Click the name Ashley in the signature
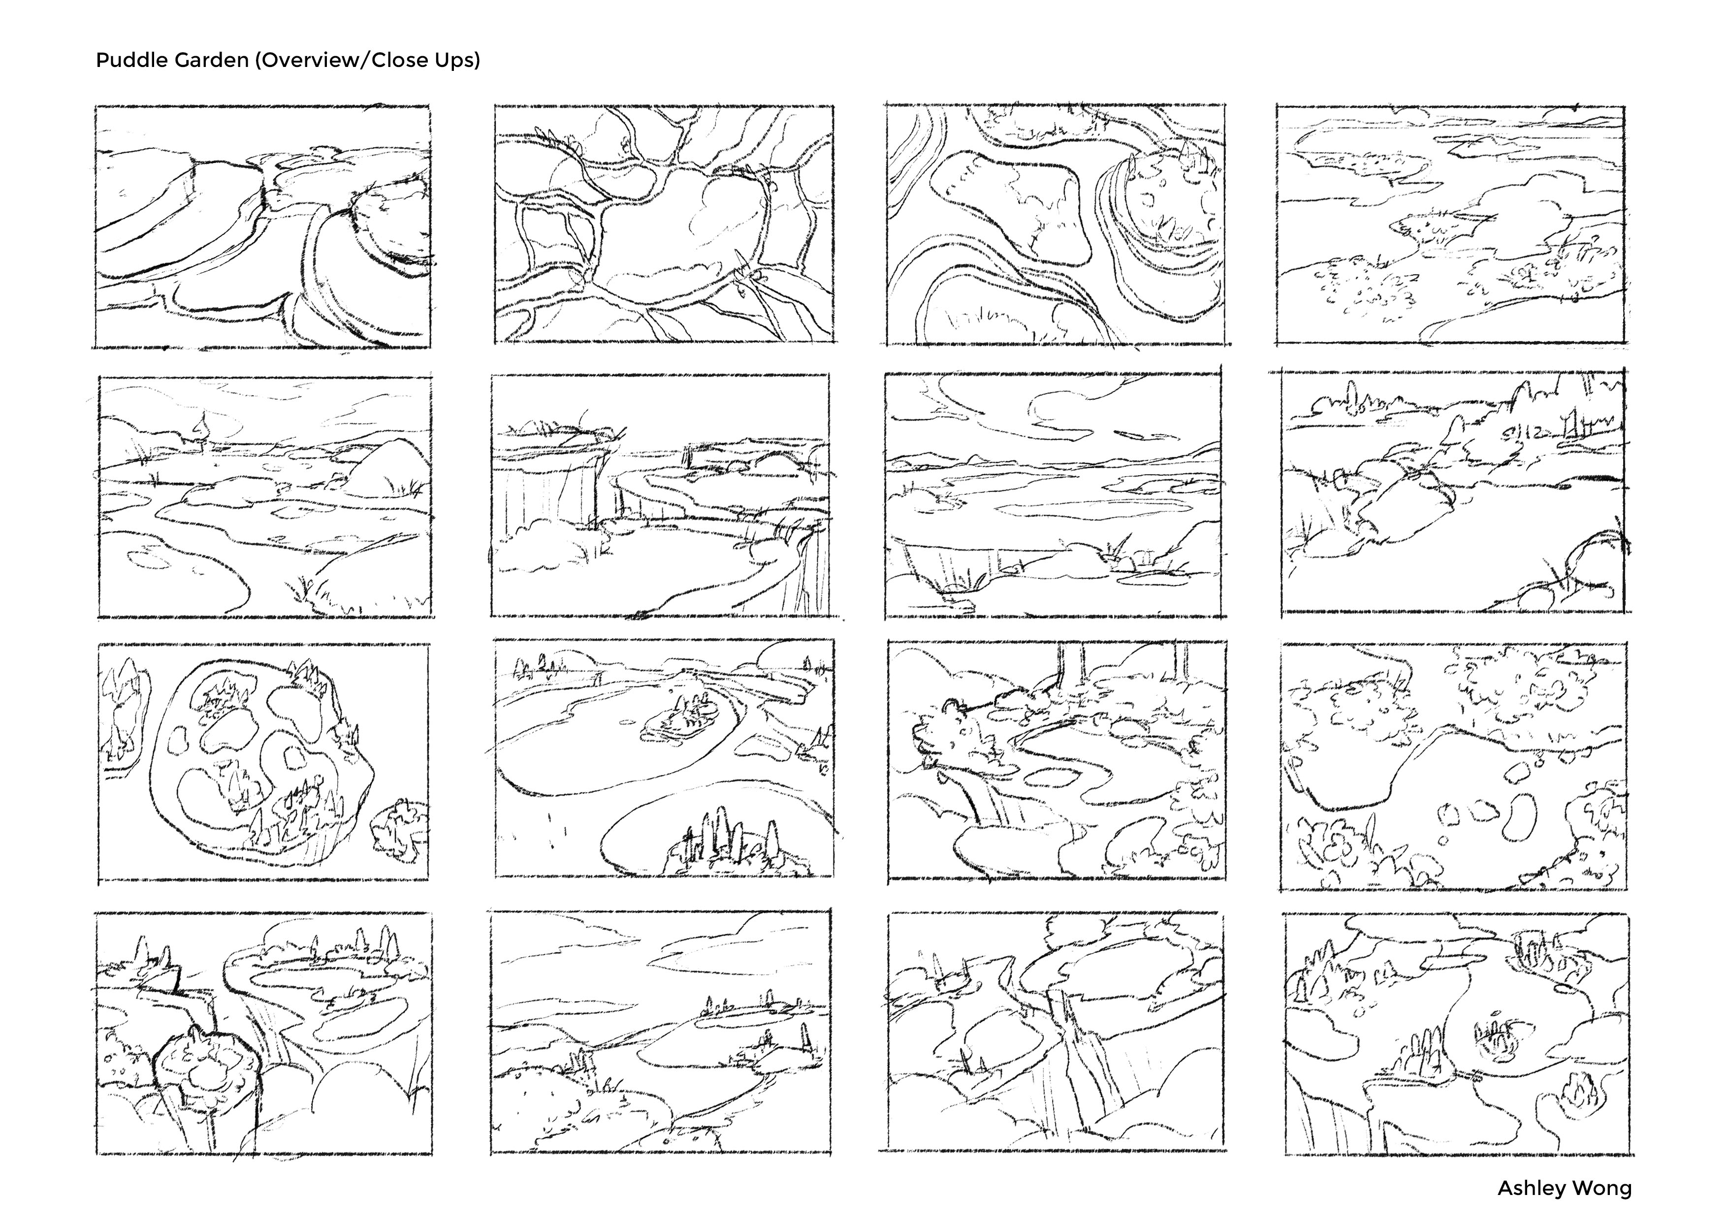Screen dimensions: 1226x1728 (1530, 1188)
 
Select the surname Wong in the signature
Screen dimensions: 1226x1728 (1602, 1188)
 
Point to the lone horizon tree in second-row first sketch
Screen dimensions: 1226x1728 (201, 430)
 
